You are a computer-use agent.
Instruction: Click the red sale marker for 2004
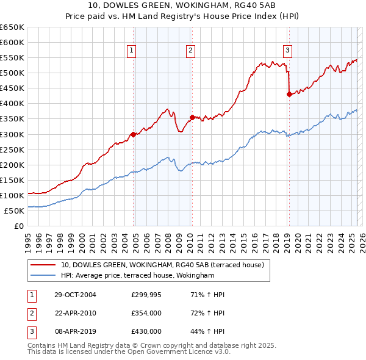click(x=133, y=134)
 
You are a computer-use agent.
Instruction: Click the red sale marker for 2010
click(x=192, y=117)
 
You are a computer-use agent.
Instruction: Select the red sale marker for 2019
click(x=289, y=94)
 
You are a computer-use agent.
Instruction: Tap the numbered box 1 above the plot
click(x=132, y=51)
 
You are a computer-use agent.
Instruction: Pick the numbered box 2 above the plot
click(x=191, y=51)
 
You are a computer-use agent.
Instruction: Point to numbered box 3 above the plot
click(x=287, y=51)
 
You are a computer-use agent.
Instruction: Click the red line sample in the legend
click(x=43, y=265)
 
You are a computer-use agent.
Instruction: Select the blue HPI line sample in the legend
click(x=43, y=276)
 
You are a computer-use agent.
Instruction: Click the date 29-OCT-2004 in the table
click(x=76, y=295)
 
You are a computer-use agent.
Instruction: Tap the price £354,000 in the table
click(x=146, y=313)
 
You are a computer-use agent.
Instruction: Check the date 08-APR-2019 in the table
click(x=76, y=331)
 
